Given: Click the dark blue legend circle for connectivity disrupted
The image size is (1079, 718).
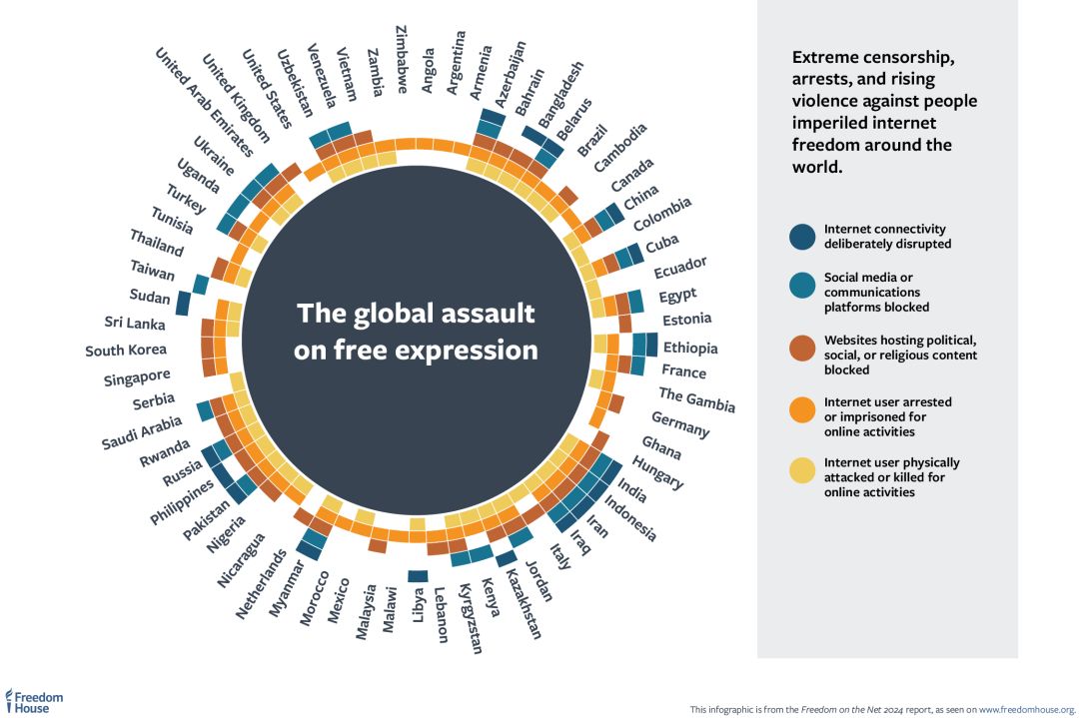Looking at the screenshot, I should click(802, 237).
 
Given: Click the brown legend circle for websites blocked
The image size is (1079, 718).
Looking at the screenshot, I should click(802, 349).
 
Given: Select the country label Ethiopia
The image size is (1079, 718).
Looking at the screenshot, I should click(689, 349).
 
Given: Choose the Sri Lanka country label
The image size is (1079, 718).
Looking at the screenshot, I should click(135, 323).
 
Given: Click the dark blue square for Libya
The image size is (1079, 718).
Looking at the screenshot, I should click(418, 575).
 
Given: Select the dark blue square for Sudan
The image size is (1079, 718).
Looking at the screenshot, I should click(183, 302).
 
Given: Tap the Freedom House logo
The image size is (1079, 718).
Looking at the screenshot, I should click(34, 700).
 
